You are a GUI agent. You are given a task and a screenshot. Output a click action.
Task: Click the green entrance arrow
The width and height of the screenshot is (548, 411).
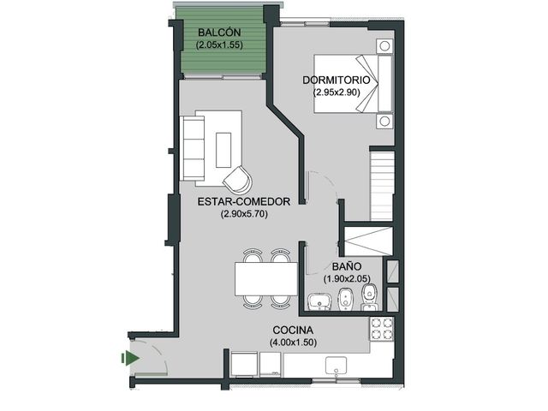click(x=130, y=358)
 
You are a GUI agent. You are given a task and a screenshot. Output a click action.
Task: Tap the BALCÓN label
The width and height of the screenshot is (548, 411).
click(x=219, y=33)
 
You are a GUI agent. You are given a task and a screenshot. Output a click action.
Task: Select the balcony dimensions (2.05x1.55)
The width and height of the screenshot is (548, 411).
click(x=219, y=45)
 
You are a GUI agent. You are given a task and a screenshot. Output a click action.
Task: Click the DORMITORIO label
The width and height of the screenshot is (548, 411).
click(x=337, y=80)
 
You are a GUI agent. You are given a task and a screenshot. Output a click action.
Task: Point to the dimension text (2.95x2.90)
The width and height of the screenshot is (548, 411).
click(x=337, y=92)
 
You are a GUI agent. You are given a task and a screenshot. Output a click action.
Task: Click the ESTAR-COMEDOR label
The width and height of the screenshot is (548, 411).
click(x=244, y=202)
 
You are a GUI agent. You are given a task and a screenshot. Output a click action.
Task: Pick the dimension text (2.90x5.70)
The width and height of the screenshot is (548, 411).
click(x=244, y=214)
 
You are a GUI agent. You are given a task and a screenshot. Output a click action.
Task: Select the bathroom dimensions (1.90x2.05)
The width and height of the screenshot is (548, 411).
click(x=347, y=279)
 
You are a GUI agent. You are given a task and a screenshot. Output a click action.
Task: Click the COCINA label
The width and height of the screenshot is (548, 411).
click(x=293, y=331)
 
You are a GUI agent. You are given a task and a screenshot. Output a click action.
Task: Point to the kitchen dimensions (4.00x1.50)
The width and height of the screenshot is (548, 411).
click(x=293, y=342)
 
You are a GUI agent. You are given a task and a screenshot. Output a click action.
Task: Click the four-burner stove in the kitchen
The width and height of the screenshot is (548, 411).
click(x=382, y=329)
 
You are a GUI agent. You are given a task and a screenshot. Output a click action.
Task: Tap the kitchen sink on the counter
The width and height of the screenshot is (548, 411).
click(x=336, y=366)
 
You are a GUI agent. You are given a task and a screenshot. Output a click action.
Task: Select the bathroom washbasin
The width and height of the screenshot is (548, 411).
click(x=319, y=301)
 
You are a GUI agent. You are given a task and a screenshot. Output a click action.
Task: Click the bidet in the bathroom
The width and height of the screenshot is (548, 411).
click(x=345, y=300)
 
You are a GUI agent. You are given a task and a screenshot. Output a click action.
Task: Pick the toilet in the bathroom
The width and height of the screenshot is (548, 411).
click(x=369, y=297)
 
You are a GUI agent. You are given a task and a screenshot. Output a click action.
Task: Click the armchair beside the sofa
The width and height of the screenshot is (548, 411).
click(x=238, y=179)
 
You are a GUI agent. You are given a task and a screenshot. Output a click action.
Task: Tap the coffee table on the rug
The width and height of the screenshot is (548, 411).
click(x=223, y=150)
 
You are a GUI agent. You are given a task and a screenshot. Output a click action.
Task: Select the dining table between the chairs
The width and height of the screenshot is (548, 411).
click(x=266, y=279)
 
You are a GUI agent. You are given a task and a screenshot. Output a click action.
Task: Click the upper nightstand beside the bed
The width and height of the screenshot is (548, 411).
click(x=384, y=46)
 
